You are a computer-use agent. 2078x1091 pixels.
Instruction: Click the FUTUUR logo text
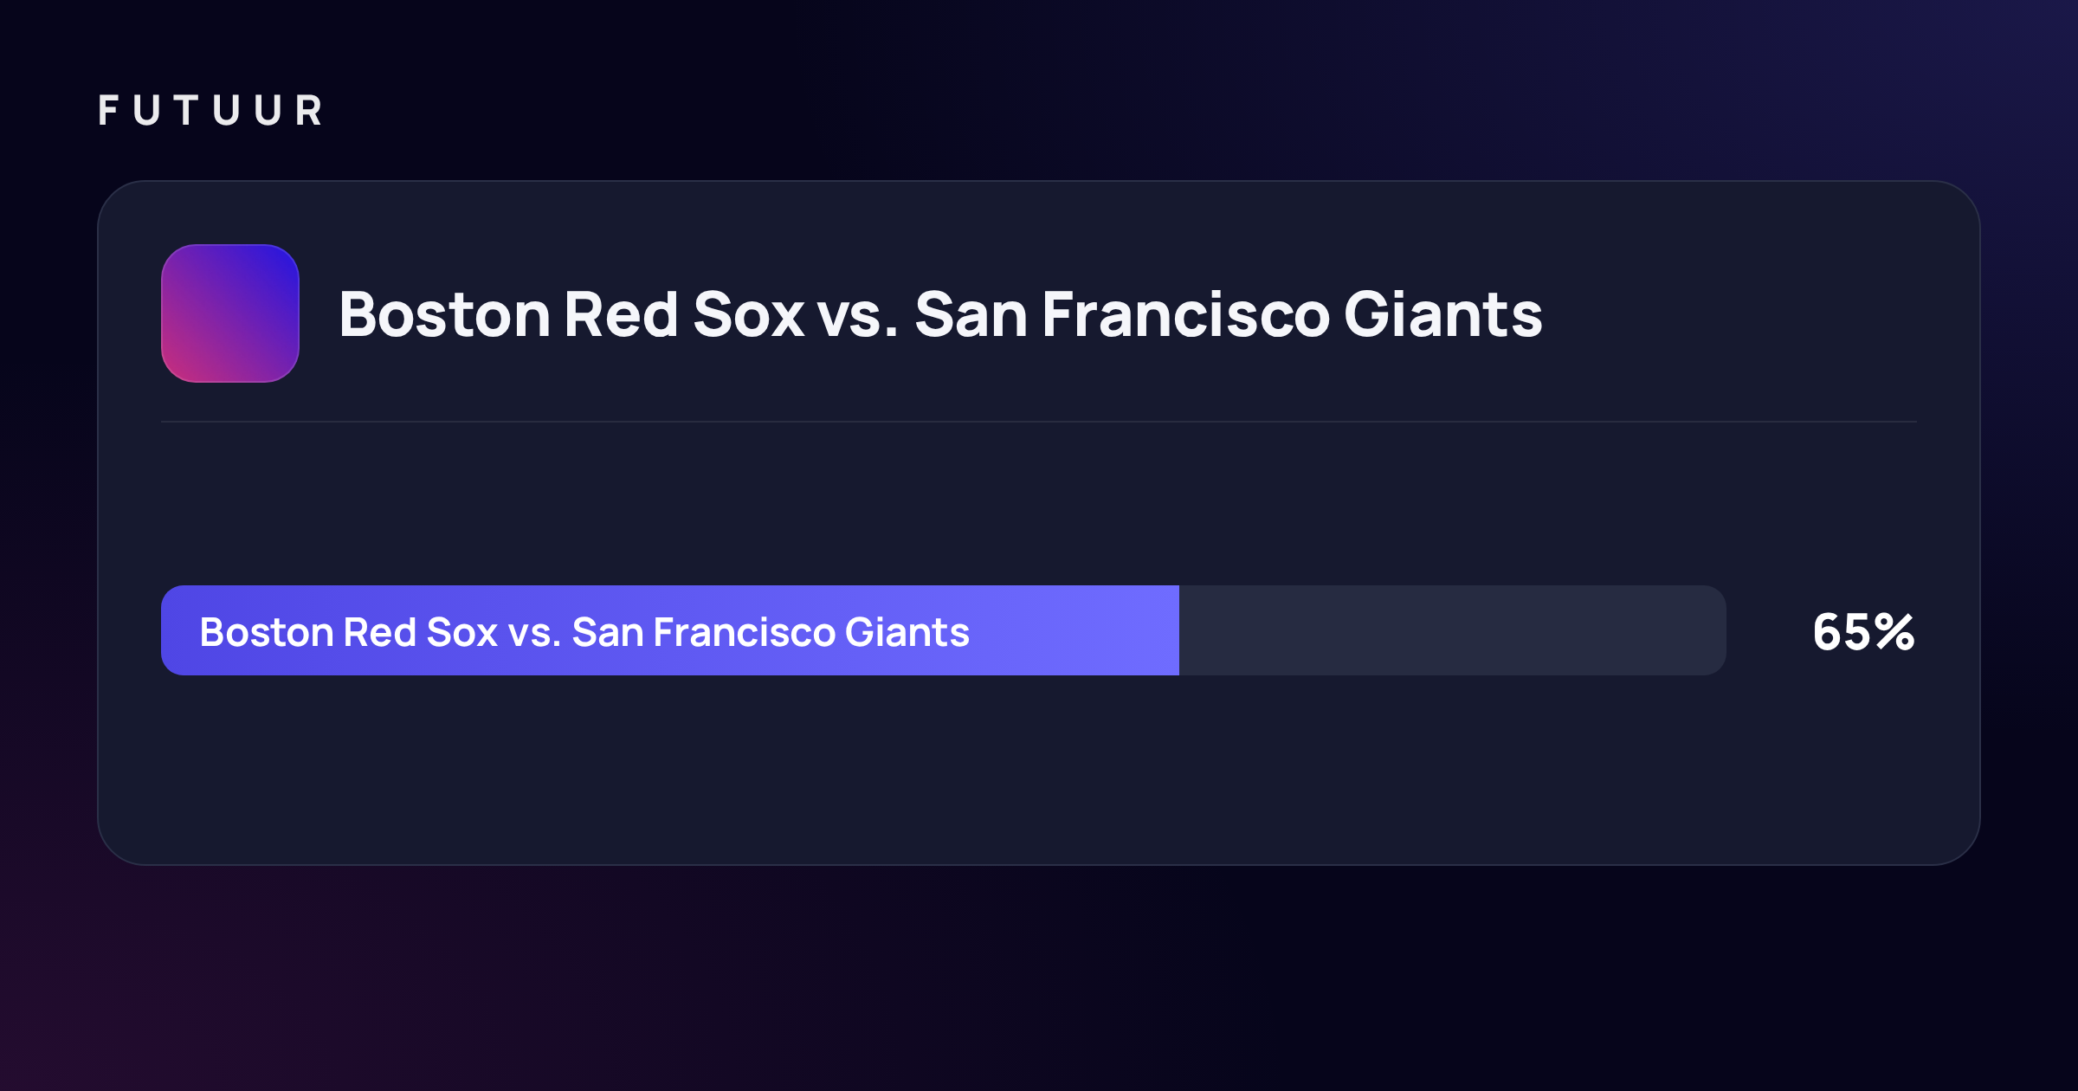tap(210, 111)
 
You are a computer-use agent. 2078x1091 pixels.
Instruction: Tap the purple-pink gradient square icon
tap(230, 313)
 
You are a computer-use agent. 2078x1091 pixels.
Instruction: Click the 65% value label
tap(1863, 632)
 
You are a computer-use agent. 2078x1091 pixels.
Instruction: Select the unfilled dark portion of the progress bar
tap(1453, 630)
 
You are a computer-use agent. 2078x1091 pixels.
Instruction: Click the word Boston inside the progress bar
tap(267, 632)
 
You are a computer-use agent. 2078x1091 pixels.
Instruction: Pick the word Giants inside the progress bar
tap(907, 632)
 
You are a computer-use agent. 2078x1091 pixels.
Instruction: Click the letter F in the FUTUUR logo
tap(108, 111)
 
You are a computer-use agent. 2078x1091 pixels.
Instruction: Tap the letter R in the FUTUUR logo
tap(309, 111)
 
